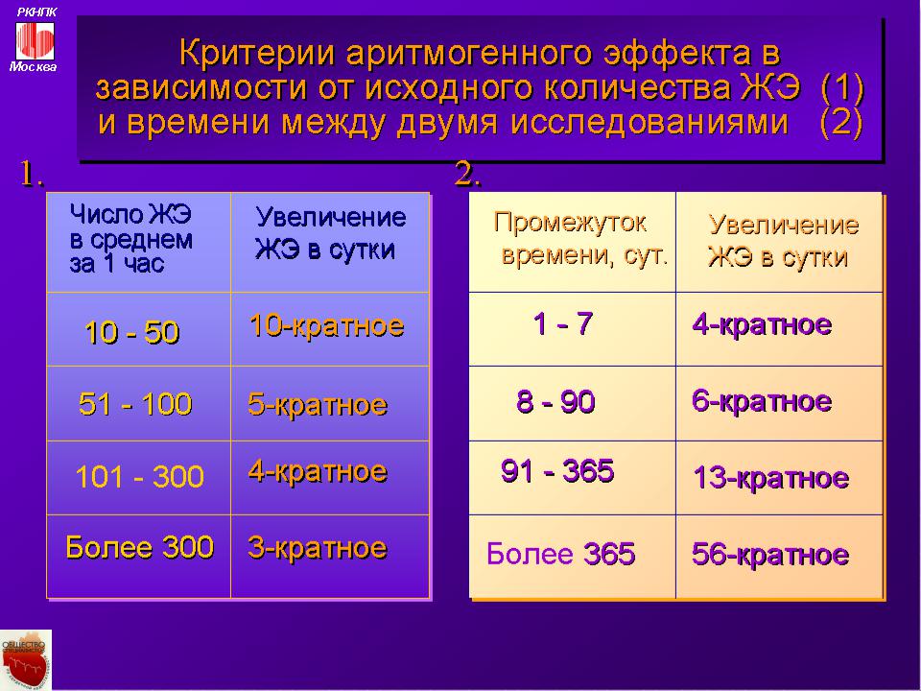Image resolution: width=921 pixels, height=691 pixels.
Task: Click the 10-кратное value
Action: click(x=326, y=325)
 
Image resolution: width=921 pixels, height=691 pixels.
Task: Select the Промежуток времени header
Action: click(x=581, y=239)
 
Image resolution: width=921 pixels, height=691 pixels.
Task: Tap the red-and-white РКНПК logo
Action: click(x=35, y=40)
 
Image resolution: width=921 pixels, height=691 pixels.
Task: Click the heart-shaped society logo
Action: click(x=25, y=660)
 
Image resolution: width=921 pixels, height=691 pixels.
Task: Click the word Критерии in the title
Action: click(x=257, y=54)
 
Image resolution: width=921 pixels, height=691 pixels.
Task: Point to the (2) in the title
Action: click(x=841, y=123)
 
